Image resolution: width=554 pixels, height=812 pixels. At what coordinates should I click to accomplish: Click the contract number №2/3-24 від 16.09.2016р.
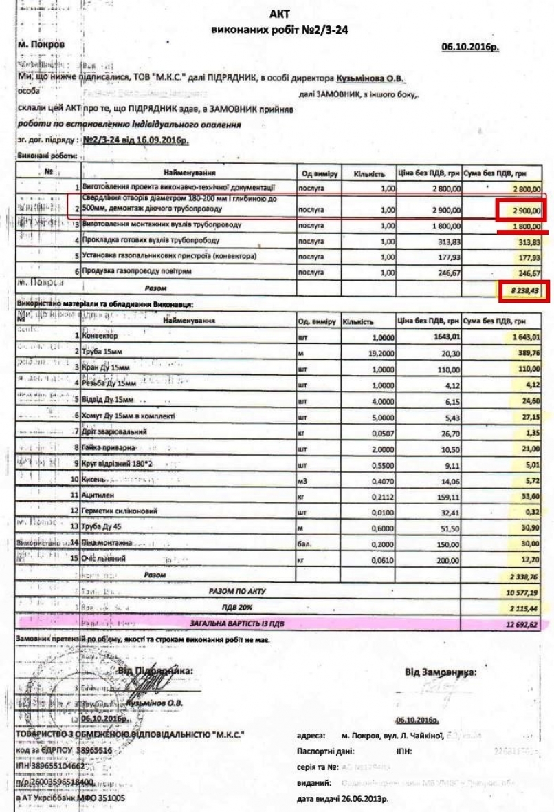(136, 140)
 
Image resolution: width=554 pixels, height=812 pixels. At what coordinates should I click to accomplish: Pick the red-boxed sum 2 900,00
(520, 209)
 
